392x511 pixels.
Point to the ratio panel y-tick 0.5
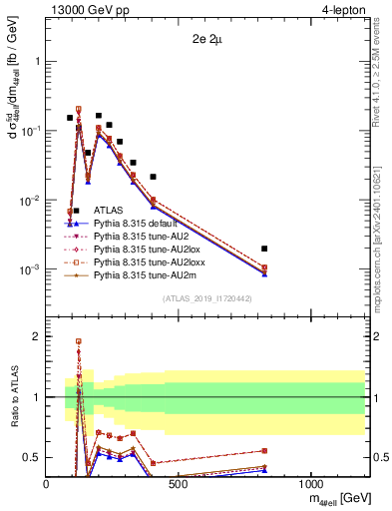click(32, 457)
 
